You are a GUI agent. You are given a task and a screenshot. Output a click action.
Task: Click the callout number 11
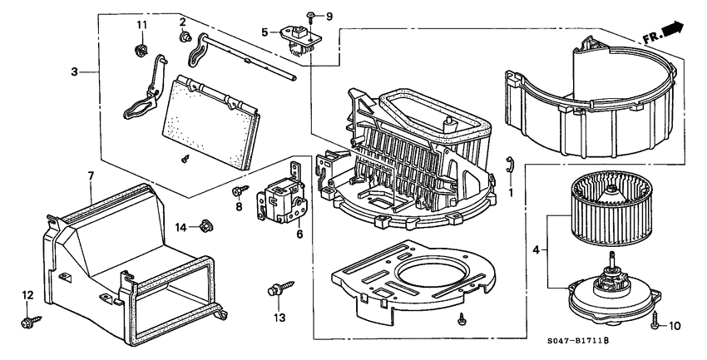tap(141, 25)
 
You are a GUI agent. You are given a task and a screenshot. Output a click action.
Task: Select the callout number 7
tap(91, 175)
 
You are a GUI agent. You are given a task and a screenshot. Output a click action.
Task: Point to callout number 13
tap(278, 318)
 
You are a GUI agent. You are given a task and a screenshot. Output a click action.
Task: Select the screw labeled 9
tap(309, 17)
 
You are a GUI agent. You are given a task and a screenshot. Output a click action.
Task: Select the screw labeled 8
tap(237, 191)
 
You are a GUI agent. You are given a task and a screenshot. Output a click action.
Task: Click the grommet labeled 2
tap(183, 37)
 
